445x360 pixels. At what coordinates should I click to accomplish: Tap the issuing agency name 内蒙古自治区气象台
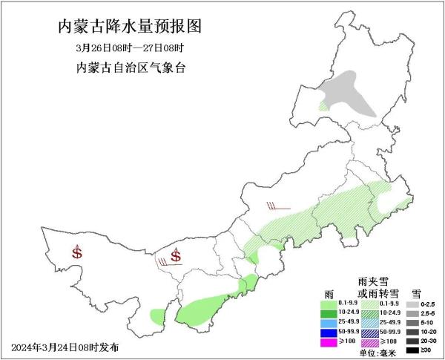(130, 68)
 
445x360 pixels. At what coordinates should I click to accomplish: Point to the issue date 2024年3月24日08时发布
(65, 347)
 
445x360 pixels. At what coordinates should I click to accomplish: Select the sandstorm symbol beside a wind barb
(176, 256)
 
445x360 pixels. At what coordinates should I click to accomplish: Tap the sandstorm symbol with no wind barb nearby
(77, 252)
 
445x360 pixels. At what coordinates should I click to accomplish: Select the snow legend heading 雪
(417, 293)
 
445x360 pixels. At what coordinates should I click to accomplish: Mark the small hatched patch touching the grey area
(323, 106)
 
